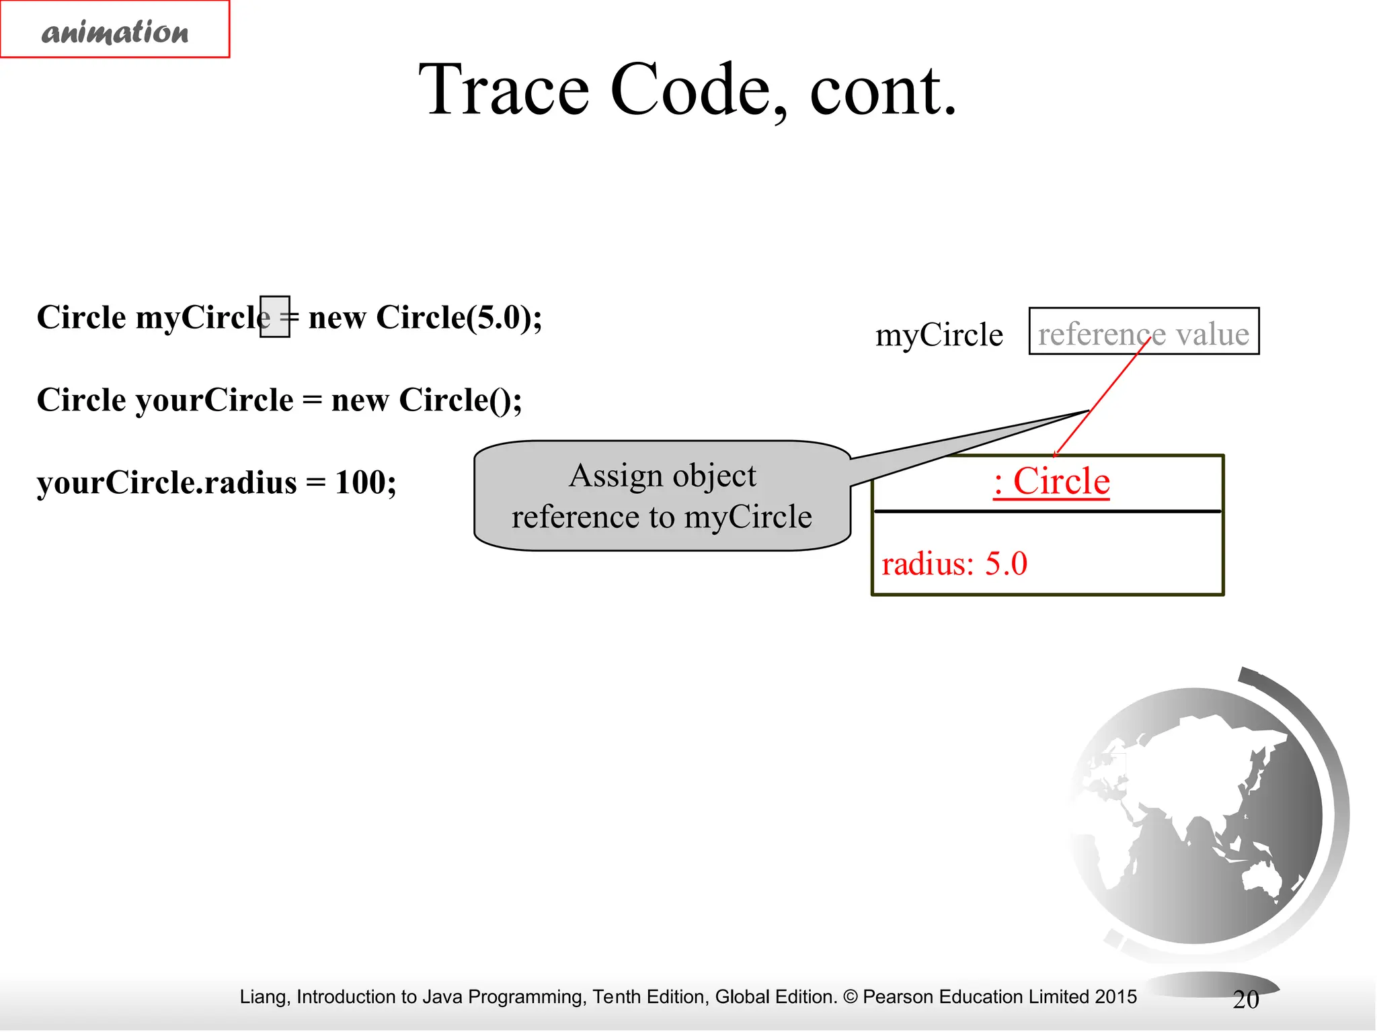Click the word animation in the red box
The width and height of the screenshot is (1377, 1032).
tap(115, 32)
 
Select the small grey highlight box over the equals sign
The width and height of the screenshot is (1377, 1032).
tap(275, 316)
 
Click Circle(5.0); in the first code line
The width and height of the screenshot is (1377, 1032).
tap(459, 317)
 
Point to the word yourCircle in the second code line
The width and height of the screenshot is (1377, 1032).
tap(214, 400)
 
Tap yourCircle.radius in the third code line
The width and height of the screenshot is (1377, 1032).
tap(167, 482)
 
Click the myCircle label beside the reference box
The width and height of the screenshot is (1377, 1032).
tap(939, 335)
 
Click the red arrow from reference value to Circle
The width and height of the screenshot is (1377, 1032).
tap(1103, 396)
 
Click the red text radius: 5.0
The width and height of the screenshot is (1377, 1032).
tap(954, 564)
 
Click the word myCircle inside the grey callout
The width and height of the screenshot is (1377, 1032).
tap(748, 517)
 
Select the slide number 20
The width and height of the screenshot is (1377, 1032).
tap(1245, 1000)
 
